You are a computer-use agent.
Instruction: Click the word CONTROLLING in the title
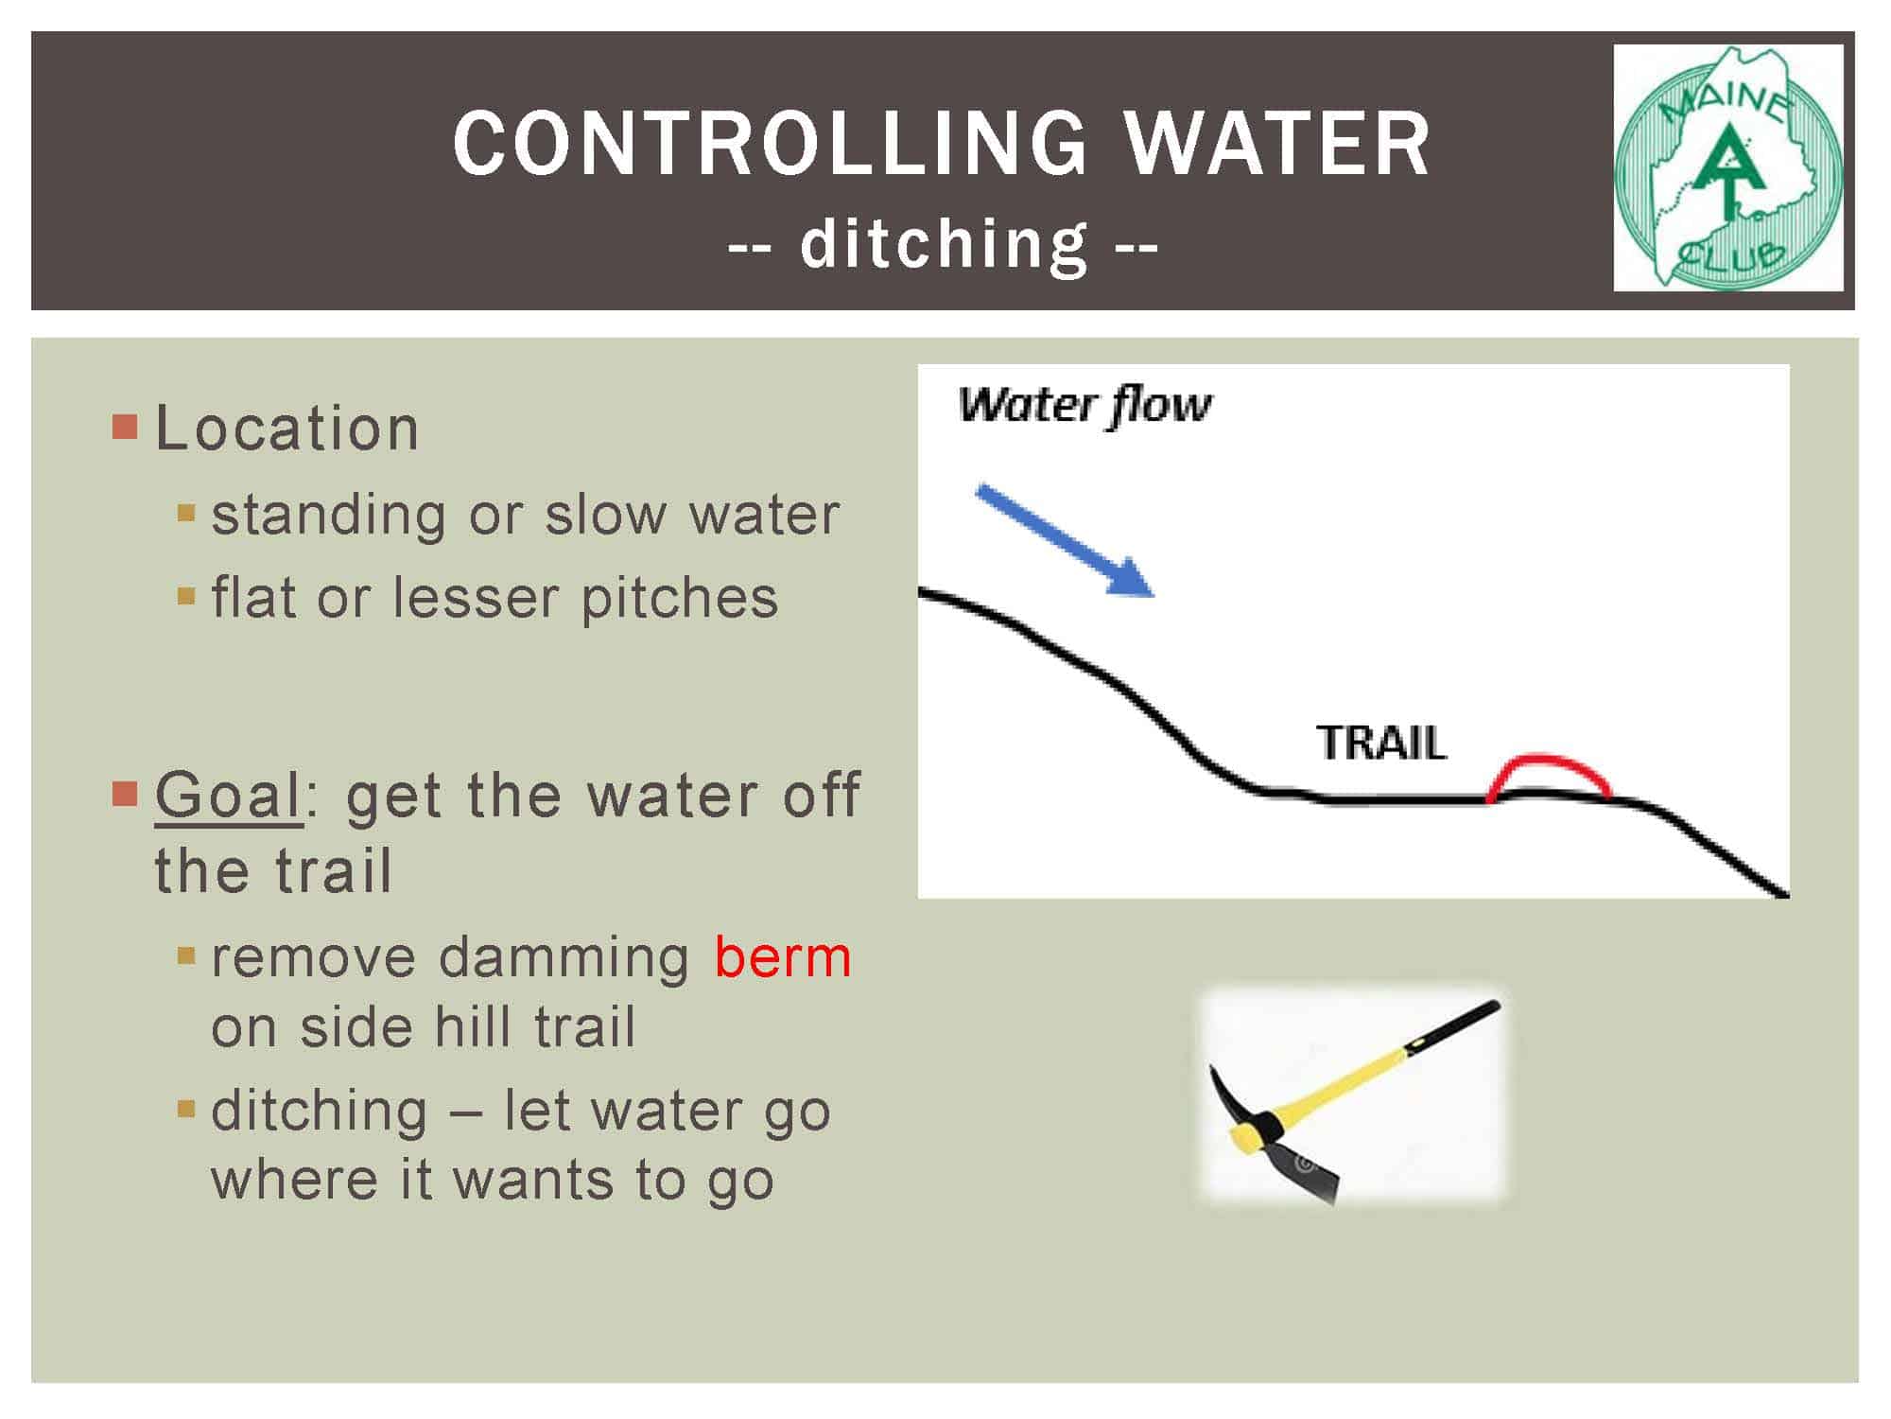[x=771, y=143]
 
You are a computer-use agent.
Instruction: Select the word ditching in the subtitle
[x=944, y=245]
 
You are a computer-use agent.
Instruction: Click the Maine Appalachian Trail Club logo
[x=1728, y=167]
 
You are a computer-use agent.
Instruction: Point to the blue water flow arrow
[x=1065, y=540]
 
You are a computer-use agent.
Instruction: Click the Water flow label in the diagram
[x=1084, y=406]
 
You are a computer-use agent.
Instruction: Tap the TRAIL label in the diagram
[x=1381, y=744]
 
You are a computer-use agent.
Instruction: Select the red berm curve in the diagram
[x=1548, y=760]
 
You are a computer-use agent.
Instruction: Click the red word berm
[x=783, y=957]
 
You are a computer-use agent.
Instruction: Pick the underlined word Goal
[x=229, y=795]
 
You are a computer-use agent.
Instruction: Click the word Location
[x=286, y=428]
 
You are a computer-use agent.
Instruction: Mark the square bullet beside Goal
[x=124, y=793]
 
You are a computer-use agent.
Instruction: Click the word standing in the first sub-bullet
[x=328, y=517]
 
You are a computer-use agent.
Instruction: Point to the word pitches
[x=680, y=600]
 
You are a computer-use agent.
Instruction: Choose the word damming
[x=564, y=958]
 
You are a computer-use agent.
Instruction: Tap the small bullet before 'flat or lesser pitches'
[x=185, y=597]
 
